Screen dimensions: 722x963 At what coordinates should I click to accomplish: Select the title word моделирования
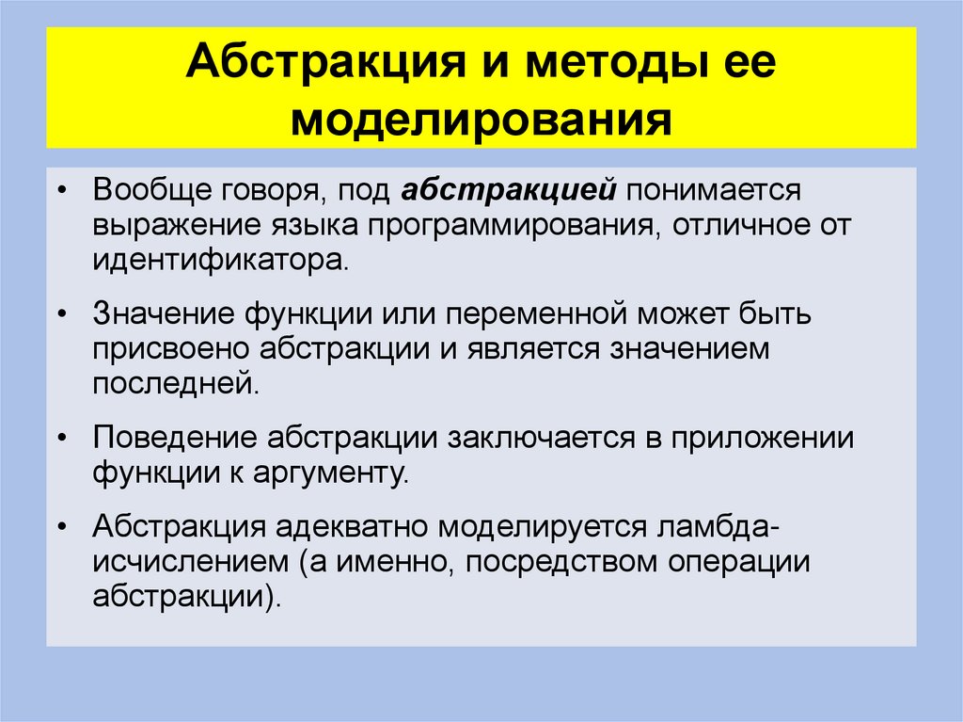pos(481,120)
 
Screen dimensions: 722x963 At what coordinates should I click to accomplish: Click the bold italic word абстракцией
pos(508,191)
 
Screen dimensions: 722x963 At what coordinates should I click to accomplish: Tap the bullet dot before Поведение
pos(61,439)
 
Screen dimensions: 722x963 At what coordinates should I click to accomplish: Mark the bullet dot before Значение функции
pos(61,315)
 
